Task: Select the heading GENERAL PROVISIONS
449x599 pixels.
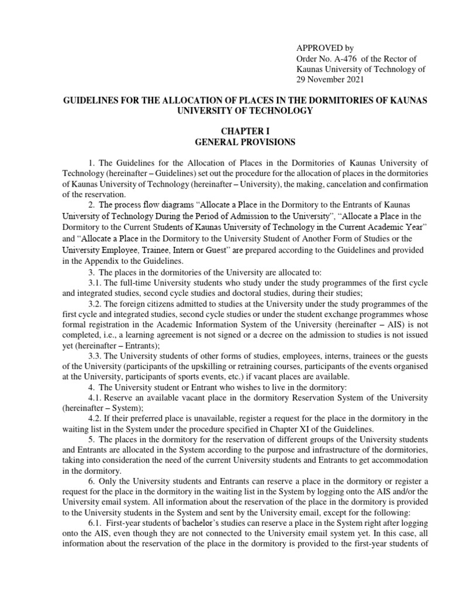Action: pyautogui.click(x=245, y=142)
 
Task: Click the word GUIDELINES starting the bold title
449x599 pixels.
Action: pyautogui.click(x=91, y=101)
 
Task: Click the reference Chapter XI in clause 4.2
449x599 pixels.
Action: pyautogui.click(x=288, y=429)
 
